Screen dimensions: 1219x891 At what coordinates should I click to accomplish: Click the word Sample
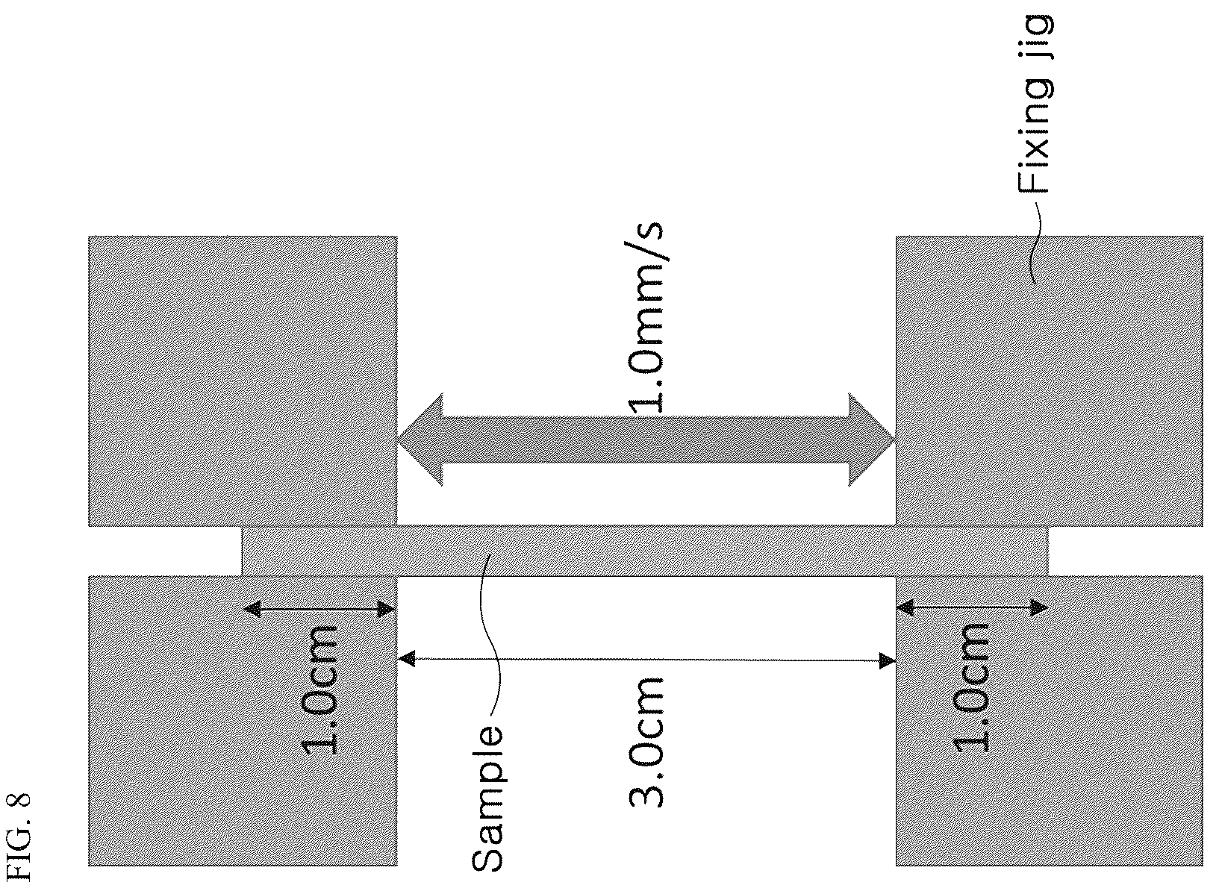[487, 798]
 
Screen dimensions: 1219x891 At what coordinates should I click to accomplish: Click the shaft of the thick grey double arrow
[646, 440]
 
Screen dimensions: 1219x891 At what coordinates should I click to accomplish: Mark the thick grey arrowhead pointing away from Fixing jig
[420, 440]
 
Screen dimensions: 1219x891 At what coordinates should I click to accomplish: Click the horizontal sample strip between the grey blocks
[645, 551]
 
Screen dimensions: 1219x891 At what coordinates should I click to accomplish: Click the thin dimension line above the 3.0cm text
[646, 660]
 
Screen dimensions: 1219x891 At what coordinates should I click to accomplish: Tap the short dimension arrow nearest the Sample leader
[319, 609]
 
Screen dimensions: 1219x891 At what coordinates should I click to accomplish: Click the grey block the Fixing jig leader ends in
[1050, 381]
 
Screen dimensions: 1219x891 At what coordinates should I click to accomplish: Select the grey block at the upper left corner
[243, 381]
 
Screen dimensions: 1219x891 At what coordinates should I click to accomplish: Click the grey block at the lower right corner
[1050, 722]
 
